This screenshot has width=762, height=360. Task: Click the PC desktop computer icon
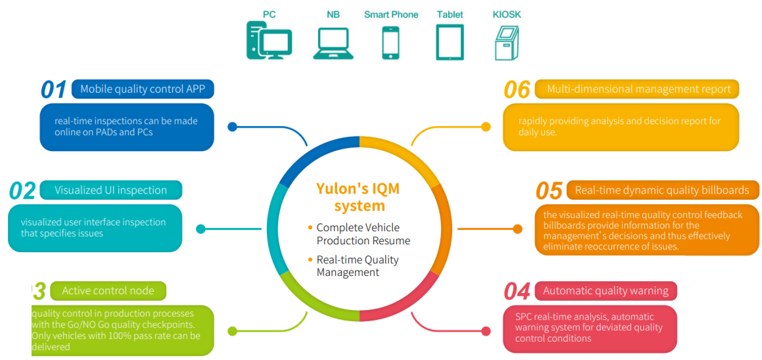(x=269, y=40)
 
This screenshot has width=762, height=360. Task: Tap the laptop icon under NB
(x=333, y=43)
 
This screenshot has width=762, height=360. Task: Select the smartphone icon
(x=390, y=42)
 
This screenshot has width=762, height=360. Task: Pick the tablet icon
(x=450, y=42)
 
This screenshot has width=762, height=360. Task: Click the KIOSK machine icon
(x=507, y=42)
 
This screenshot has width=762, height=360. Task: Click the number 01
(x=53, y=89)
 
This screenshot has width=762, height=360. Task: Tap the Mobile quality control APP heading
(x=142, y=89)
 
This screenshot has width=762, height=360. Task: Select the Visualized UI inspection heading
(x=110, y=190)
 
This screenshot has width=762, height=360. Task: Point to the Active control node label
(x=108, y=291)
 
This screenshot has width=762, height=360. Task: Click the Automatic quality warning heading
(x=606, y=291)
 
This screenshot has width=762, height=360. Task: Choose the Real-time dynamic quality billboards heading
(x=662, y=190)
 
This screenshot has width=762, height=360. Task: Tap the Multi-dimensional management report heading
(x=638, y=89)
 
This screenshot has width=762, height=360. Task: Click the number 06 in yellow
(x=517, y=89)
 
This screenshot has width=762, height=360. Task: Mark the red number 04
(x=517, y=291)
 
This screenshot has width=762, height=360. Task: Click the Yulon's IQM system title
(x=358, y=197)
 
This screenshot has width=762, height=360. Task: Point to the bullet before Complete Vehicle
(x=310, y=227)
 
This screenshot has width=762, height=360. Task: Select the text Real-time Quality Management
(x=357, y=266)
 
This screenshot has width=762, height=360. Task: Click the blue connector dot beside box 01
(x=233, y=127)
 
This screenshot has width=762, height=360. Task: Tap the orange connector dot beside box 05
(x=517, y=229)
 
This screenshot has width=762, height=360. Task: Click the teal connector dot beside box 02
(x=201, y=229)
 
